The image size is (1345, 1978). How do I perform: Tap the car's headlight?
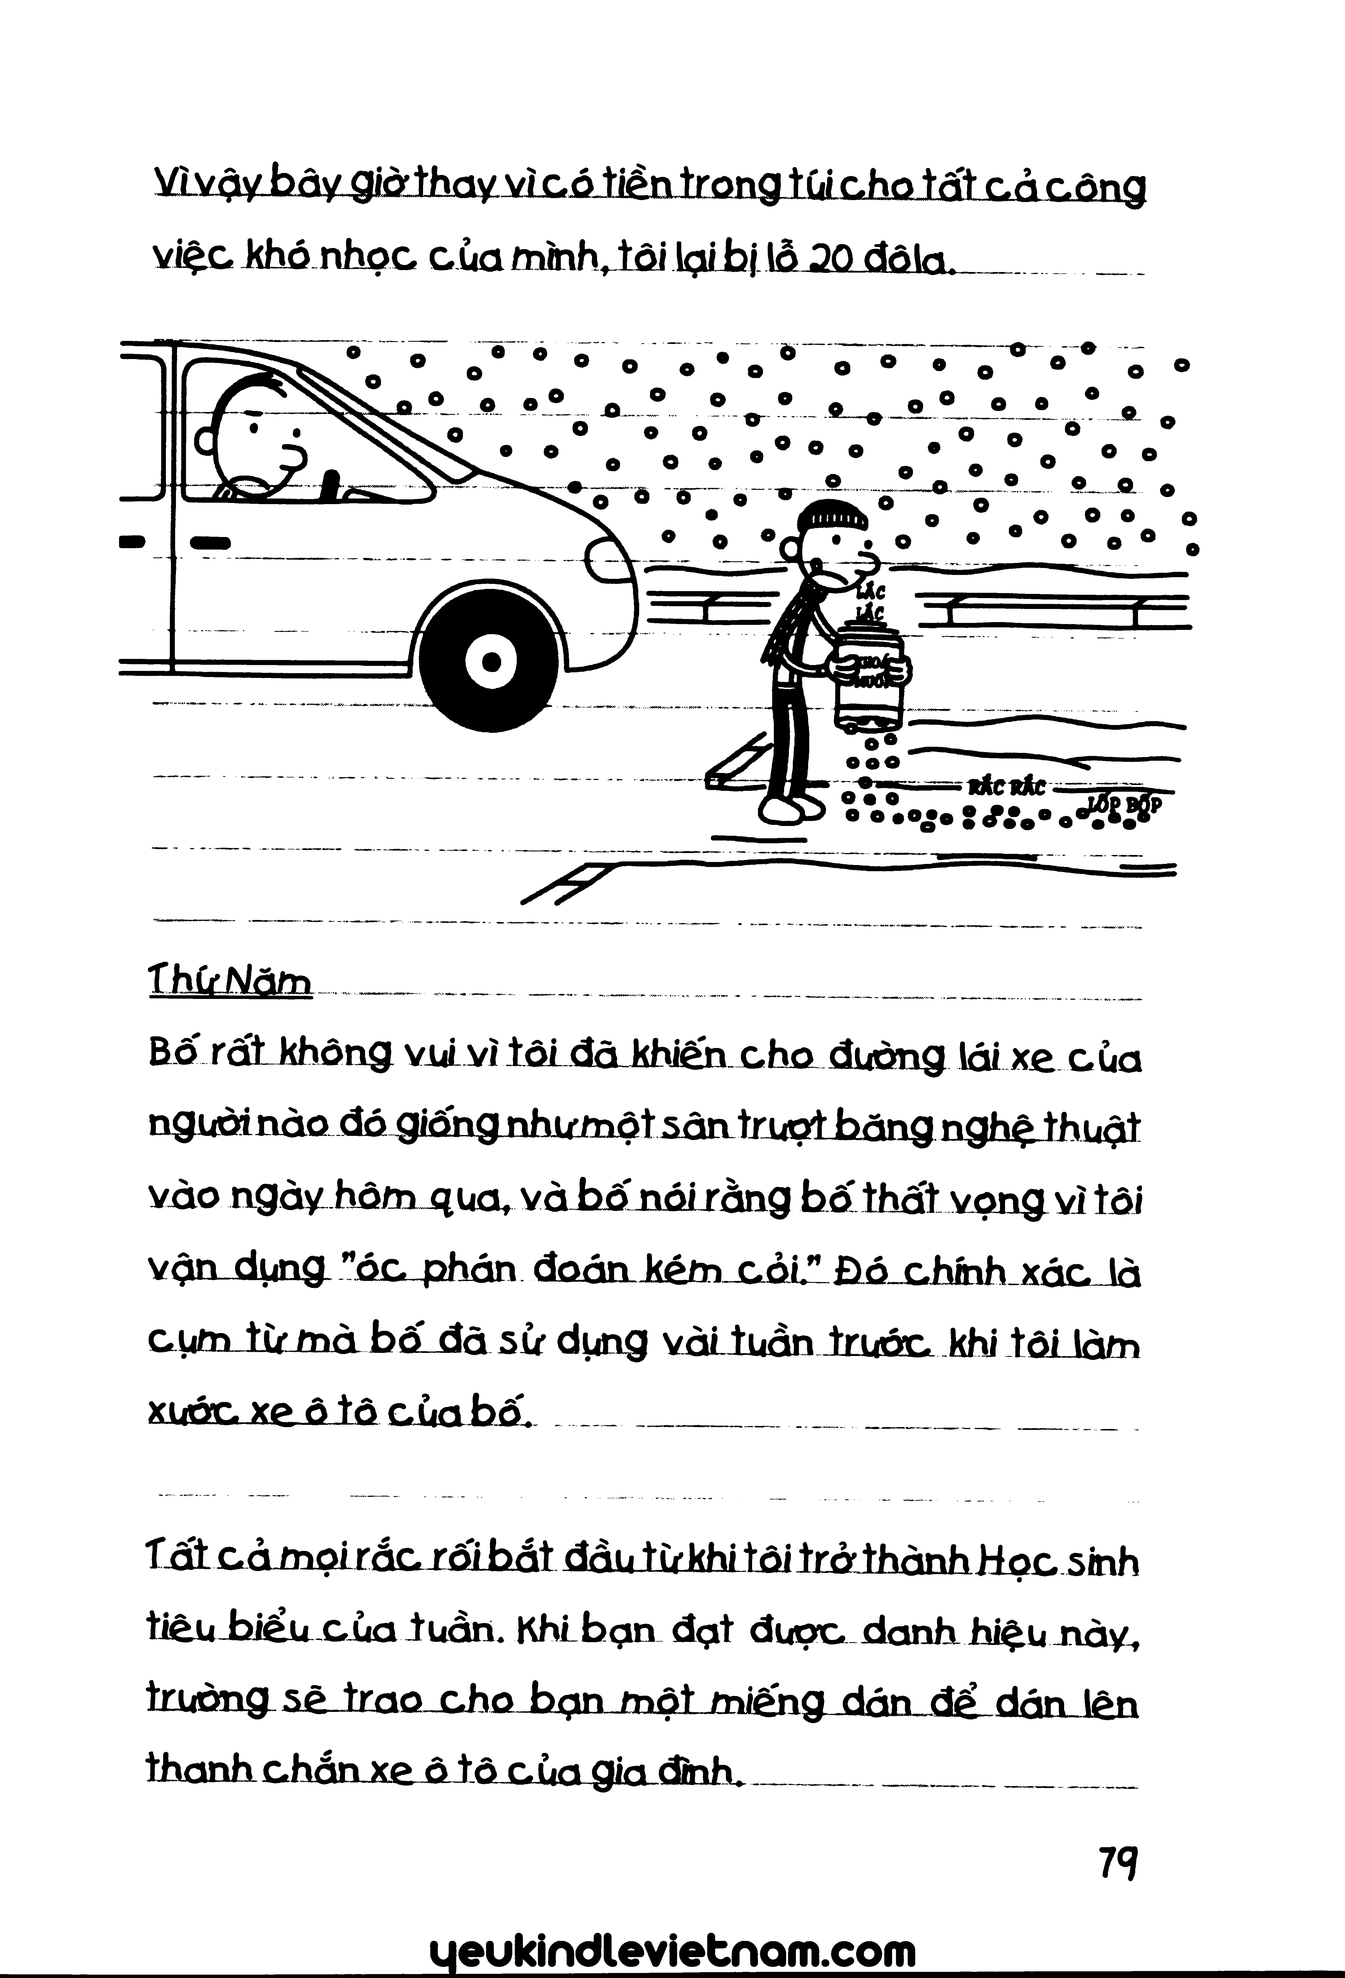click(608, 563)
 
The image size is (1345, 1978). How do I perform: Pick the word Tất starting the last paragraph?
click(173, 1562)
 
